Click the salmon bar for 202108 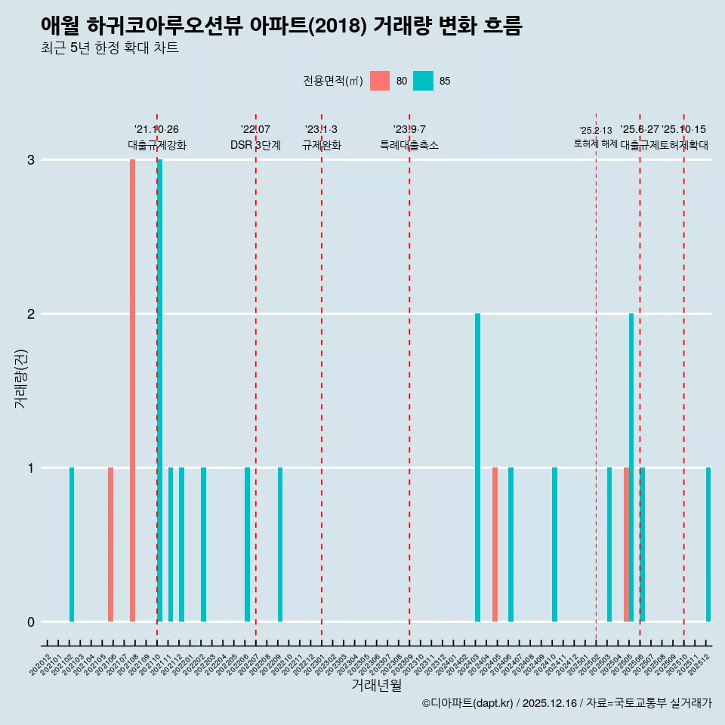(x=132, y=390)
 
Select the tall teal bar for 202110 (x=160, y=390)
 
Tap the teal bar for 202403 (x=477, y=467)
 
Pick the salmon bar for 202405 (x=495, y=545)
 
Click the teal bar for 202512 (x=708, y=545)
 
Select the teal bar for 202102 (x=72, y=545)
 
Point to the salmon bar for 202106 (x=110, y=545)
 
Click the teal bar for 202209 (x=280, y=545)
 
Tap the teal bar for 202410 (x=554, y=545)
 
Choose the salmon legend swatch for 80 (x=380, y=81)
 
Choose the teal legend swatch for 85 (x=424, y=81)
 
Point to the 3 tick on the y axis (x=30, y=159)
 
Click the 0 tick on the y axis (x=30, y=622)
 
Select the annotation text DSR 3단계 (x=255, y=145)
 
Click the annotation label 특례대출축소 (x=409, y=145)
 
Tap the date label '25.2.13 (x=596, y=131)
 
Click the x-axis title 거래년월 (x=376, y=685)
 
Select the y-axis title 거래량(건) (x=20, y=378)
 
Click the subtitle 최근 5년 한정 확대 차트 (x=110, y=48)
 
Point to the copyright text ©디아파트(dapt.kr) (x=467, y=703)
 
